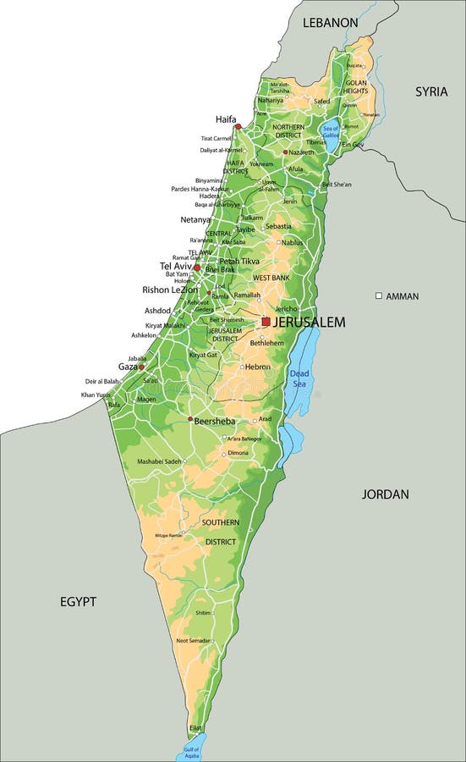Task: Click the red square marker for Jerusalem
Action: point(266,322)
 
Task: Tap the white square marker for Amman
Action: point(379,295)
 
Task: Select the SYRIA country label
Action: point(430,91)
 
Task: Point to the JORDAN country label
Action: point(385,494)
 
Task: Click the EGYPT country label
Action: point(78,601)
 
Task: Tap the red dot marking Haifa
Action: point(238,126)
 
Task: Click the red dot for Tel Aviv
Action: point(197,268)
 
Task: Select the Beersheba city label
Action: point(215,421)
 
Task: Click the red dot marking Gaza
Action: point(141,367)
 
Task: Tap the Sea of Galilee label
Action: point(330,132)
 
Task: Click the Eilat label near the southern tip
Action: point(195,727)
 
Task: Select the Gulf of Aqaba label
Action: point(191,752)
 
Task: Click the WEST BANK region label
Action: point(271,278)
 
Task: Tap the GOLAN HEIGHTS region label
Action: point(354,86)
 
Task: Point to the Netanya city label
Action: point(195,219)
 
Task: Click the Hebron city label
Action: point(257,367)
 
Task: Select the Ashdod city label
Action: point(157,311)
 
